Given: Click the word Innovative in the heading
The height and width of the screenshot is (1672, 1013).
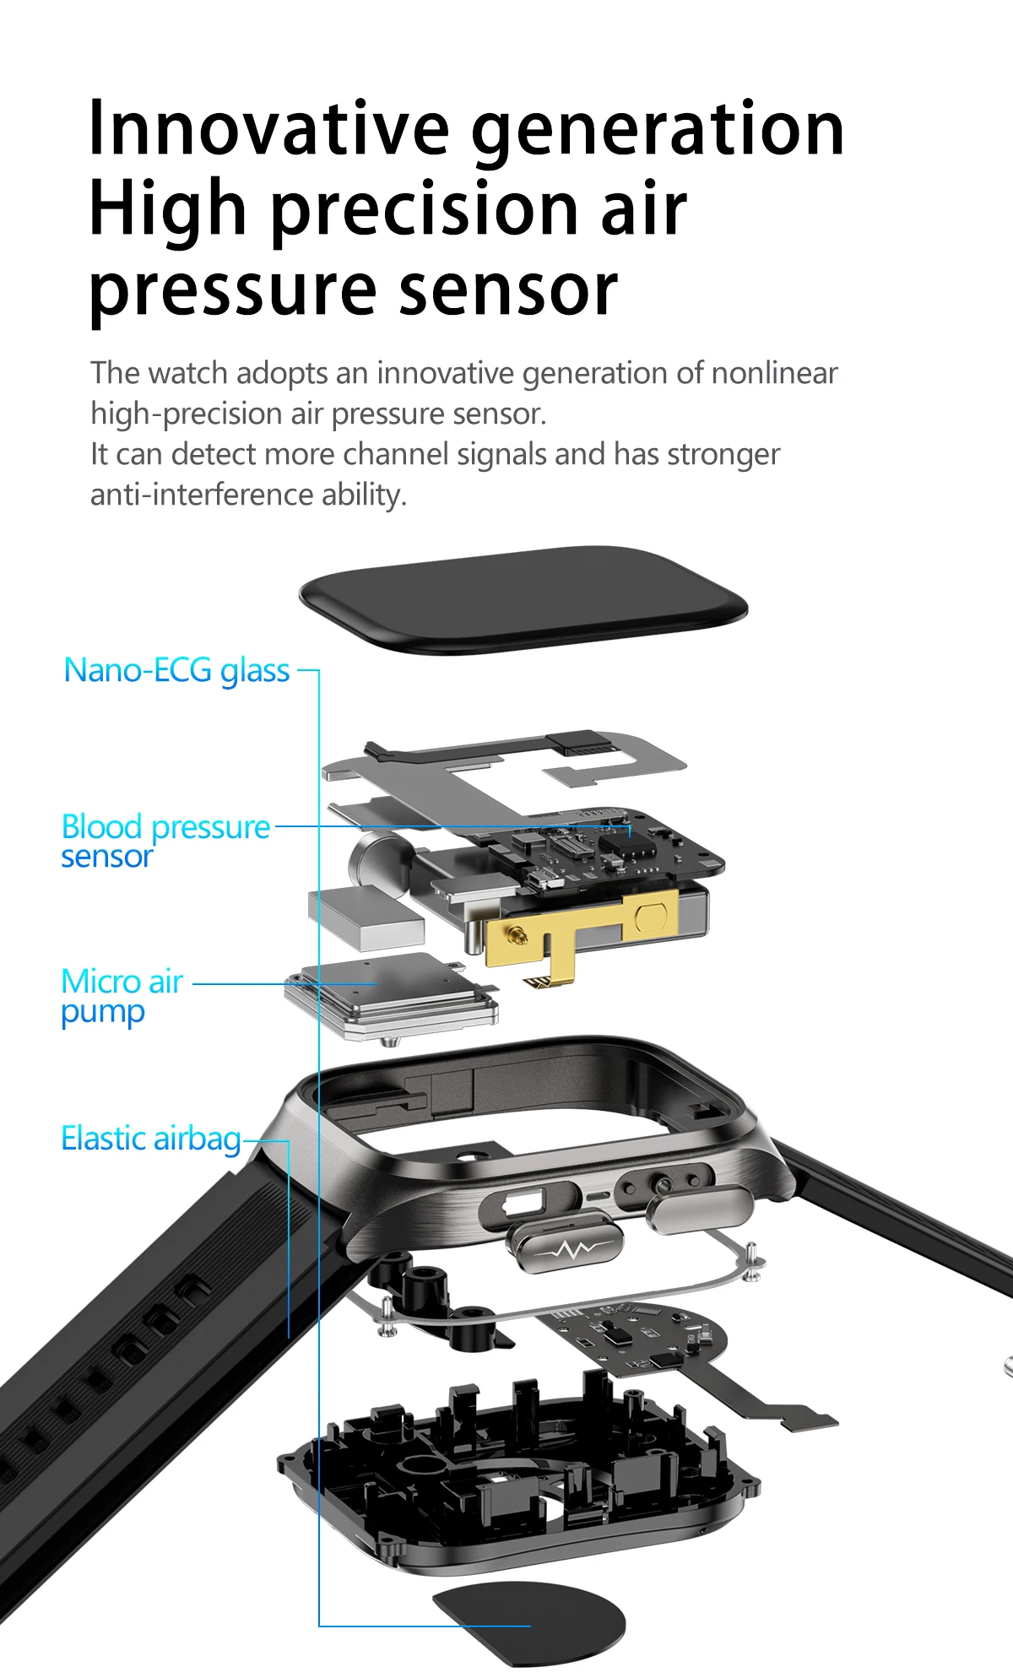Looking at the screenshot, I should [268, 128].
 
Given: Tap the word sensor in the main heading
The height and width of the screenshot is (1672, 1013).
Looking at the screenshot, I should [508, 289].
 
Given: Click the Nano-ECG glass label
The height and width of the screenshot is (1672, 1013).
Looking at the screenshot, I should [176, 670].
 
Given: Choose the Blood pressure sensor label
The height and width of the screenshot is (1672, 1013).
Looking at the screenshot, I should [165, 840].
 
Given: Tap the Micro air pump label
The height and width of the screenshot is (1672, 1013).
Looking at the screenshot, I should [122, 996].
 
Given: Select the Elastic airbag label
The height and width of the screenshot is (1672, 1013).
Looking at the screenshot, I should [151, 1139].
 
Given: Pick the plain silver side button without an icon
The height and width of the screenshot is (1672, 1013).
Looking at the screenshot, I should [699, 1209].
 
